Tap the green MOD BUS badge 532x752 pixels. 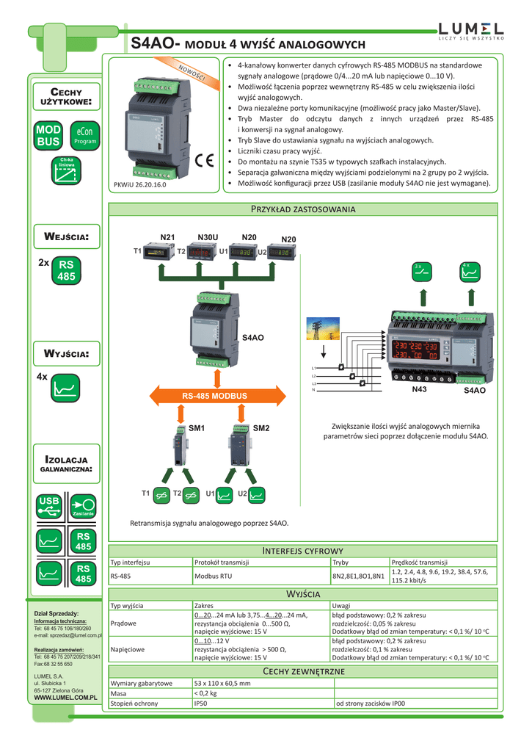(48, 136)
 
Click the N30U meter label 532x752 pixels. (208, 237)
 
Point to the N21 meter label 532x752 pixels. (168, 237)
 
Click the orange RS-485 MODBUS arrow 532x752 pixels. (214, 396)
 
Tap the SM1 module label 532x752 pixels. (196, 428)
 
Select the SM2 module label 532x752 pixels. (262, 428)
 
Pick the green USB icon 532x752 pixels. (49, 507)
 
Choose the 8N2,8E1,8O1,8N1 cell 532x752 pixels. (358, 576)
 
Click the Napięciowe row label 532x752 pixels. (127, 649)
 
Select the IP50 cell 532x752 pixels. (200, 704)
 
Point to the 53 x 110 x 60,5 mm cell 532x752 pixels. (222, 683)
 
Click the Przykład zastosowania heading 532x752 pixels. (304, 210)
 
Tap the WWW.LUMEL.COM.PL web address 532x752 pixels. (66, 697)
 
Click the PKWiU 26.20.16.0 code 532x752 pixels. (141, 185)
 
